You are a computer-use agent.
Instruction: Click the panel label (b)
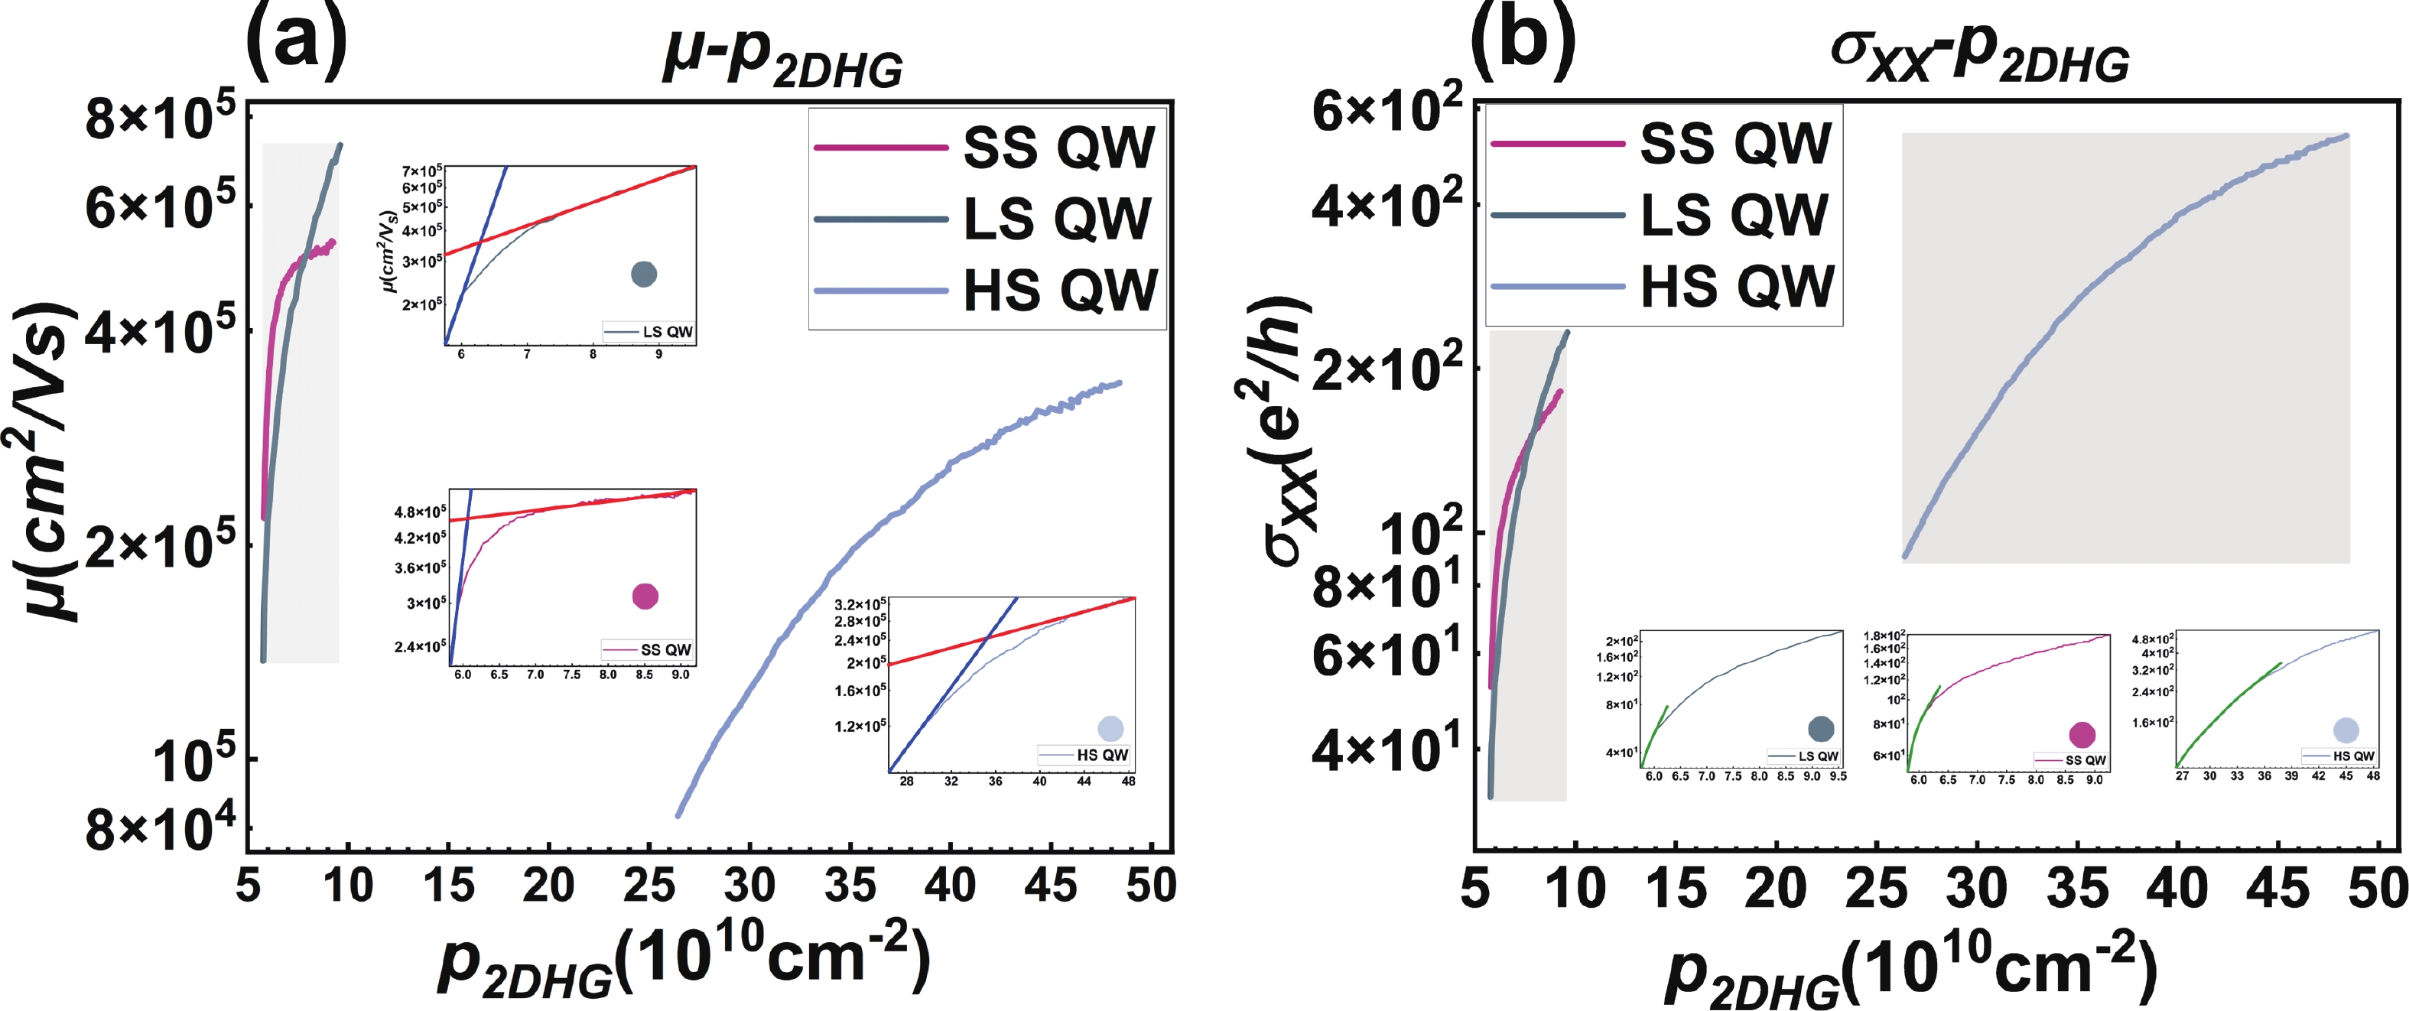click(x=1523, y=37)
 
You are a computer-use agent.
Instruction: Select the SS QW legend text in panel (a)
click(x=1058, y=148)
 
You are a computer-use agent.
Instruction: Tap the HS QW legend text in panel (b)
click(x=1738, y=286)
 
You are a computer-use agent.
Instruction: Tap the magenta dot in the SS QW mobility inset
click(x=645, y=596)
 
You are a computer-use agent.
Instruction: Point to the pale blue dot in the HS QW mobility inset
click(x=1110, y=729)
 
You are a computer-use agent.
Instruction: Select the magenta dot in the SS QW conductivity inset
click(x=2082, y=735)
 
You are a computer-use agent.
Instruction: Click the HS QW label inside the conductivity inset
click(x=2353, y=756)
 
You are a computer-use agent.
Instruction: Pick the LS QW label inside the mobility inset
click(x=668, y=332)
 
